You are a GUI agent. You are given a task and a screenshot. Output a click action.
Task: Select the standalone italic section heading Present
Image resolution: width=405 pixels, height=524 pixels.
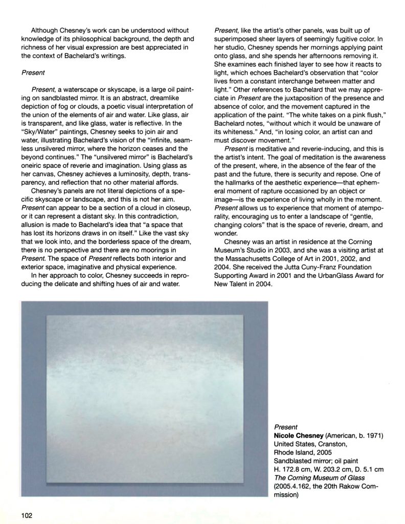pos(32,73)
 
